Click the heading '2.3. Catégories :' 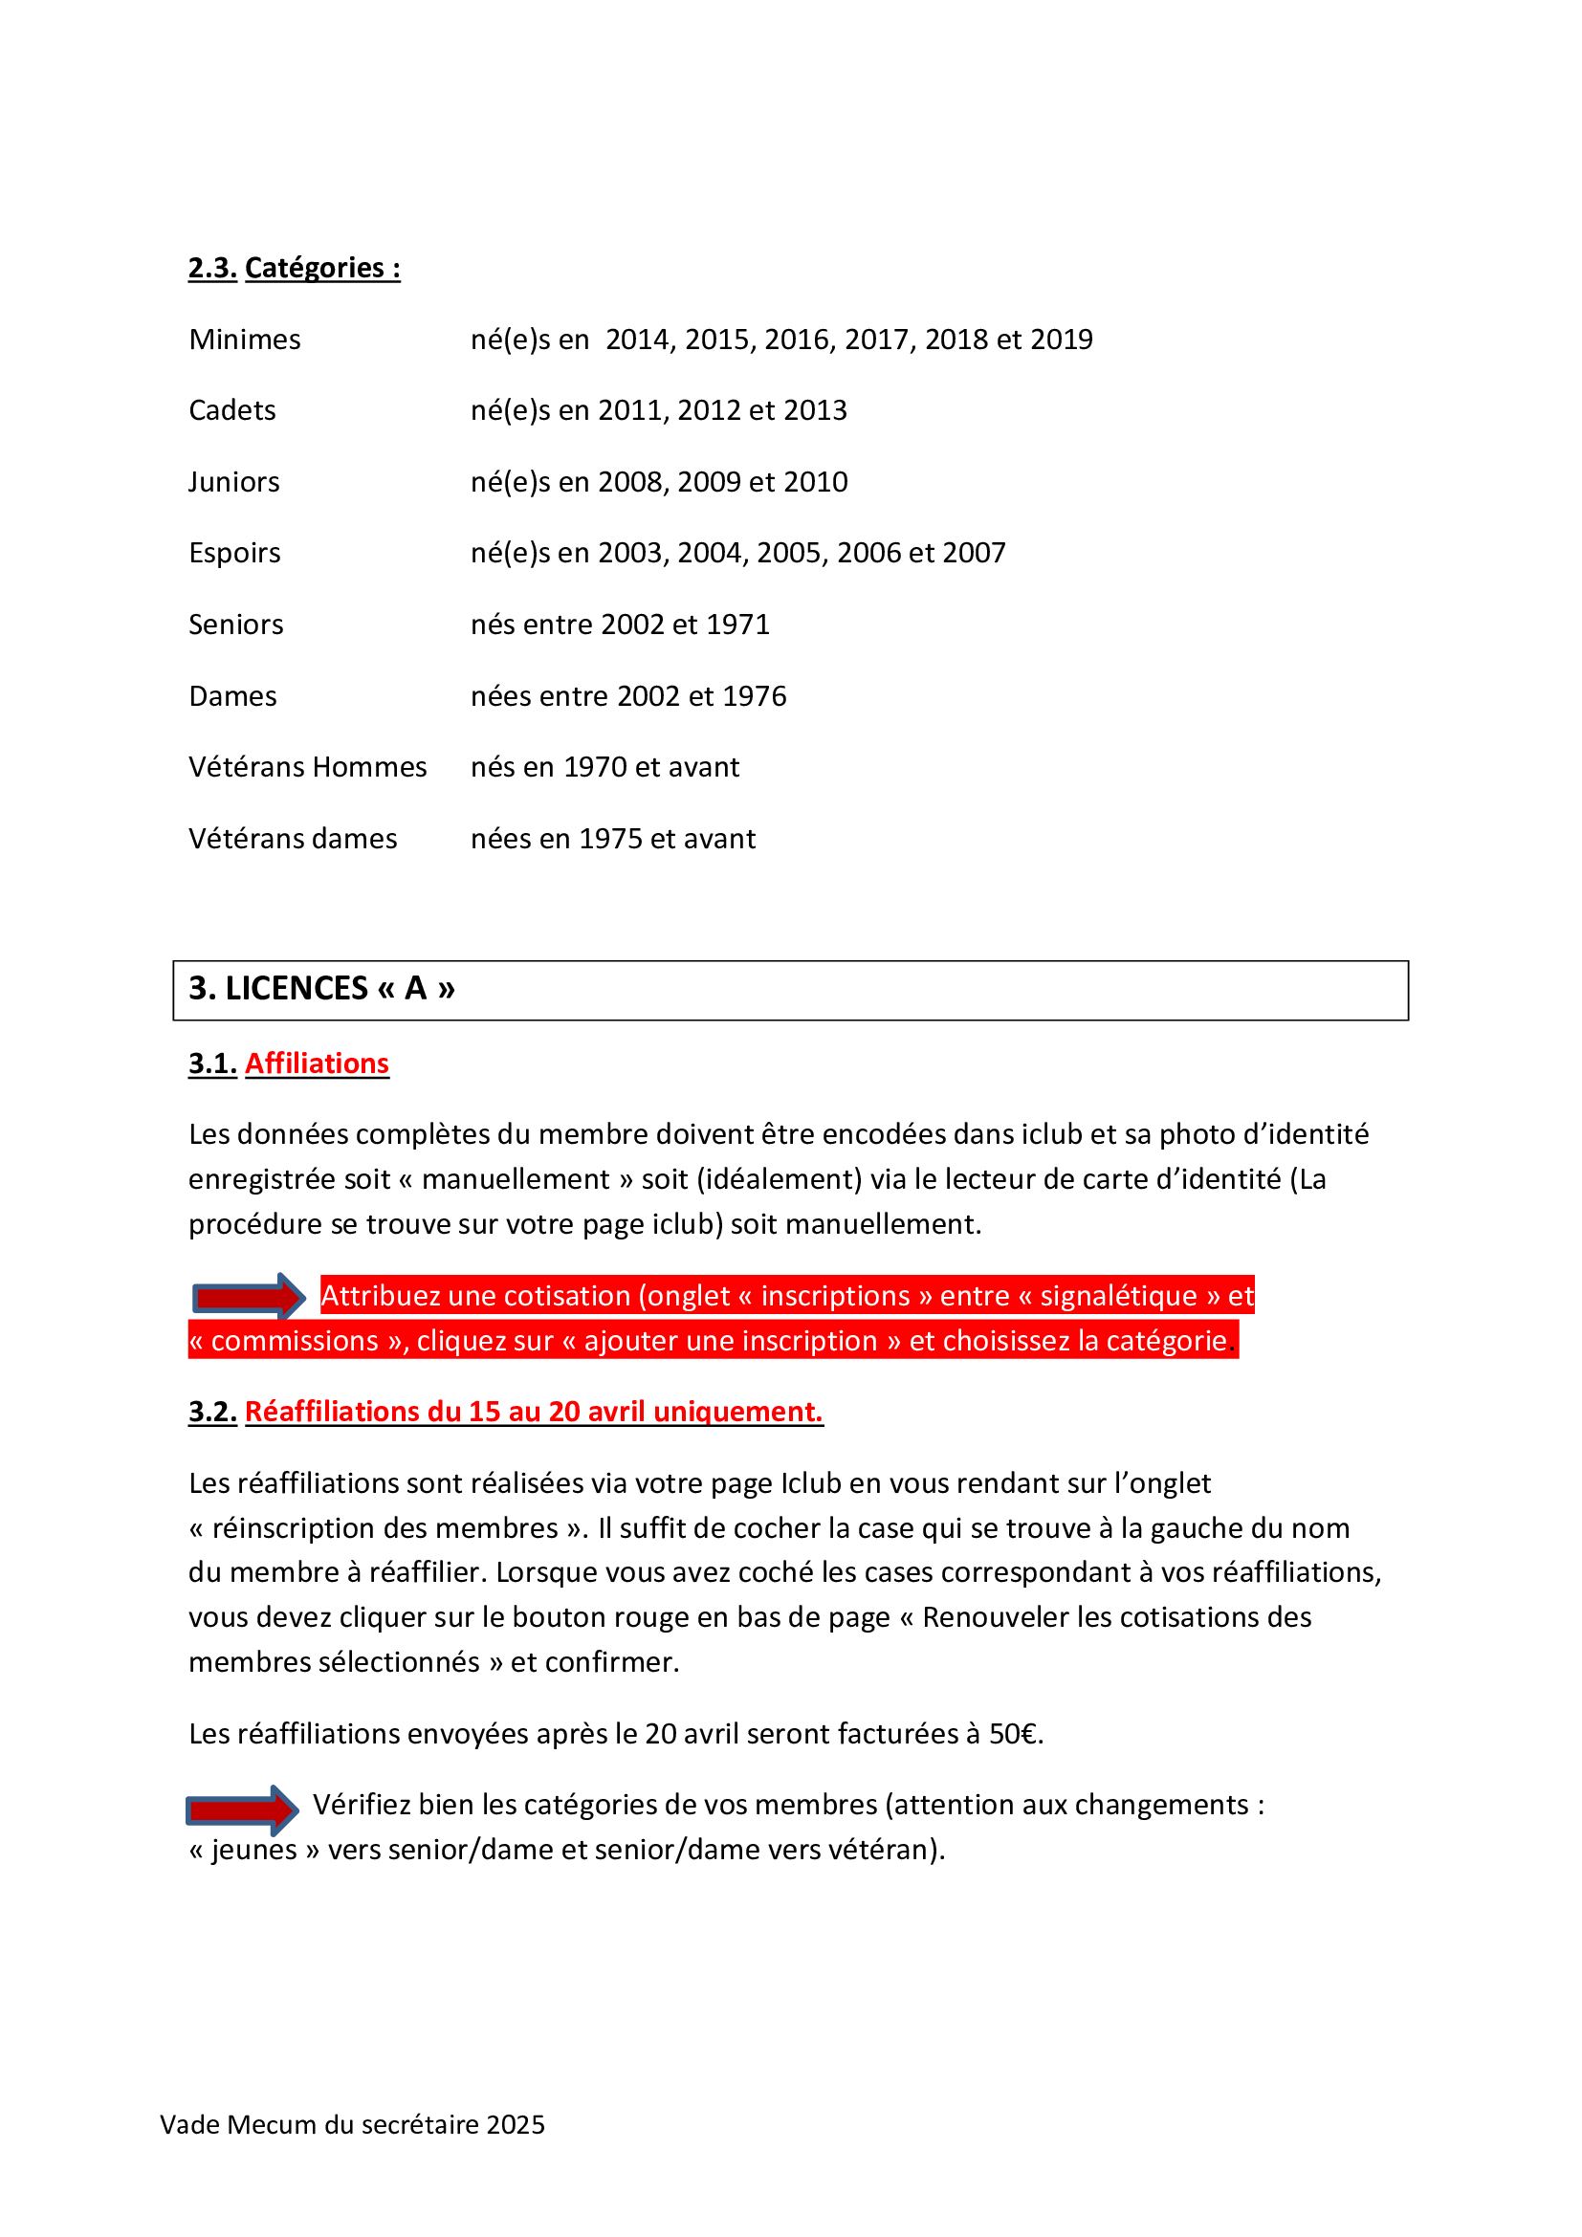tap(295, 268)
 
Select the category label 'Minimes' tap(245, 340)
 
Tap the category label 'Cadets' tap(231, 411)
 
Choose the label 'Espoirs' tap(233, 554)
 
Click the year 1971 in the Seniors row tap(737, 625)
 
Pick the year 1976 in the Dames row tap(754, 696)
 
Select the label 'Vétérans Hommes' tap(307, 768)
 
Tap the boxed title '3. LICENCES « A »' tap(321, 989)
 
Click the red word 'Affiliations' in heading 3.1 tap(317, 1064)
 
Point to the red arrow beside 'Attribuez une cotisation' tap(249, 1297)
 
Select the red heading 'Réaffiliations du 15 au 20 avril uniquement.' tap(534, 1412)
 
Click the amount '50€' tap(1014, 1734)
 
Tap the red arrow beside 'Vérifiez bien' tap(242, 1810)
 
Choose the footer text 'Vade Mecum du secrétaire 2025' tap(352, 2125)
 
